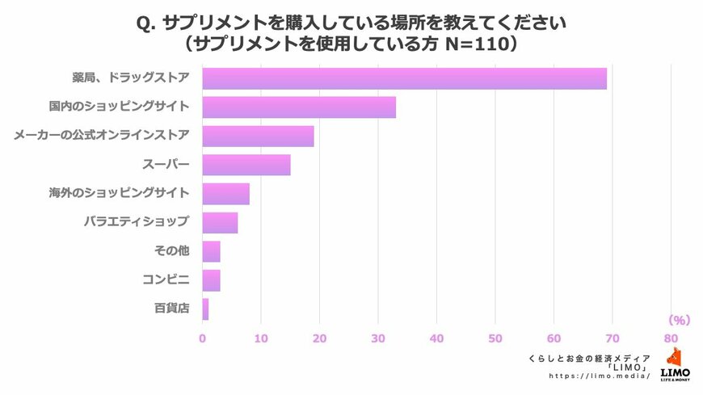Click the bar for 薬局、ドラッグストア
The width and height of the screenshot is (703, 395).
(404, 78)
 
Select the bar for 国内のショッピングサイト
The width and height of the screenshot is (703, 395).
(299, 107)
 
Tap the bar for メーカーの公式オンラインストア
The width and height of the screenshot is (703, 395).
(258, 136)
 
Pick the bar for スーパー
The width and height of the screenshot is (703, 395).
(246, 165)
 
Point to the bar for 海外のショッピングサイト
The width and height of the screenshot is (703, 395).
(225, 194)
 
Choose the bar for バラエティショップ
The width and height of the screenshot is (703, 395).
(220, 222)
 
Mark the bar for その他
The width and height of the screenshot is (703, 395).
(211, 251)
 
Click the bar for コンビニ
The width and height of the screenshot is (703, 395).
(211, 280)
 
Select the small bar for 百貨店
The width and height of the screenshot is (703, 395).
(205, 309)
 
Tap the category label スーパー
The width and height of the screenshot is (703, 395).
(166, 165)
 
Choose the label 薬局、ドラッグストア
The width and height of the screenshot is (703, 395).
(130, 78)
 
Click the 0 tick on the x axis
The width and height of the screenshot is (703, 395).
(202, 338)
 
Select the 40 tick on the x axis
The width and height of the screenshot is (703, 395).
(436, 338)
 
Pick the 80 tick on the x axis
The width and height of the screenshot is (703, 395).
(671, 338)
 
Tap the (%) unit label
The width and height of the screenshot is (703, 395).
(679, 319)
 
